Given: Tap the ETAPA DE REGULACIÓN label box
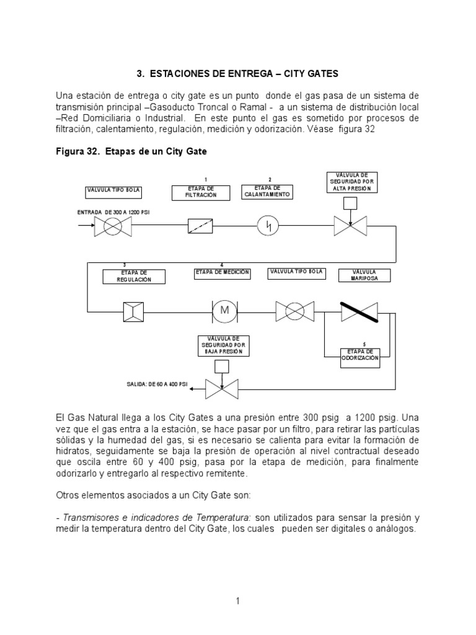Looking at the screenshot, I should coord(134,277).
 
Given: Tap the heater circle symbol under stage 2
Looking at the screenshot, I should coord(268,226).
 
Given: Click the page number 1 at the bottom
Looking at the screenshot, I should coord(237,600).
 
